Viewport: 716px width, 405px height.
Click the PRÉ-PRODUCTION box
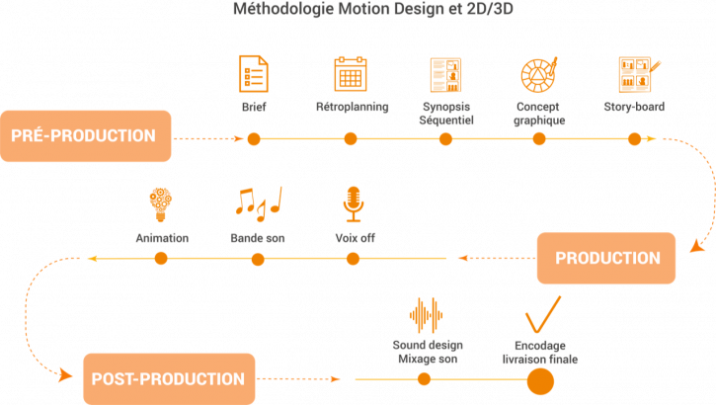(86, 135)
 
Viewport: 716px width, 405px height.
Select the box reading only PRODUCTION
(606, 259)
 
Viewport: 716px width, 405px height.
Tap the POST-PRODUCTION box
(169, 378)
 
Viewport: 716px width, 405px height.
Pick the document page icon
(254, 75)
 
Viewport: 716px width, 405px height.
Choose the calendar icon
(349, 75)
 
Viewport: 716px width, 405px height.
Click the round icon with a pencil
(538, 75)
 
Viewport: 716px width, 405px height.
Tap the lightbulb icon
(160, 203)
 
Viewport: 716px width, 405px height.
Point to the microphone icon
(353, 203)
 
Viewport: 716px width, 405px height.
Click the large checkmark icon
(541, 316)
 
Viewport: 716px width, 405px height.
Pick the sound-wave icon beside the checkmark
(427, 315)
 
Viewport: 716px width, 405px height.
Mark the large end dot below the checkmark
(540, 378)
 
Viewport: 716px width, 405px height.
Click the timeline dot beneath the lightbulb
(160, 259)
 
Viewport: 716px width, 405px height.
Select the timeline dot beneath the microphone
(353, 259)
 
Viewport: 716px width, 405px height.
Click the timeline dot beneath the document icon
(254, 138)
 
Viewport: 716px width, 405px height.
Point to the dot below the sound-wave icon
(426, 378)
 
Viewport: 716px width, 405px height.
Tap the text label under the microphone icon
(353, 238)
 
